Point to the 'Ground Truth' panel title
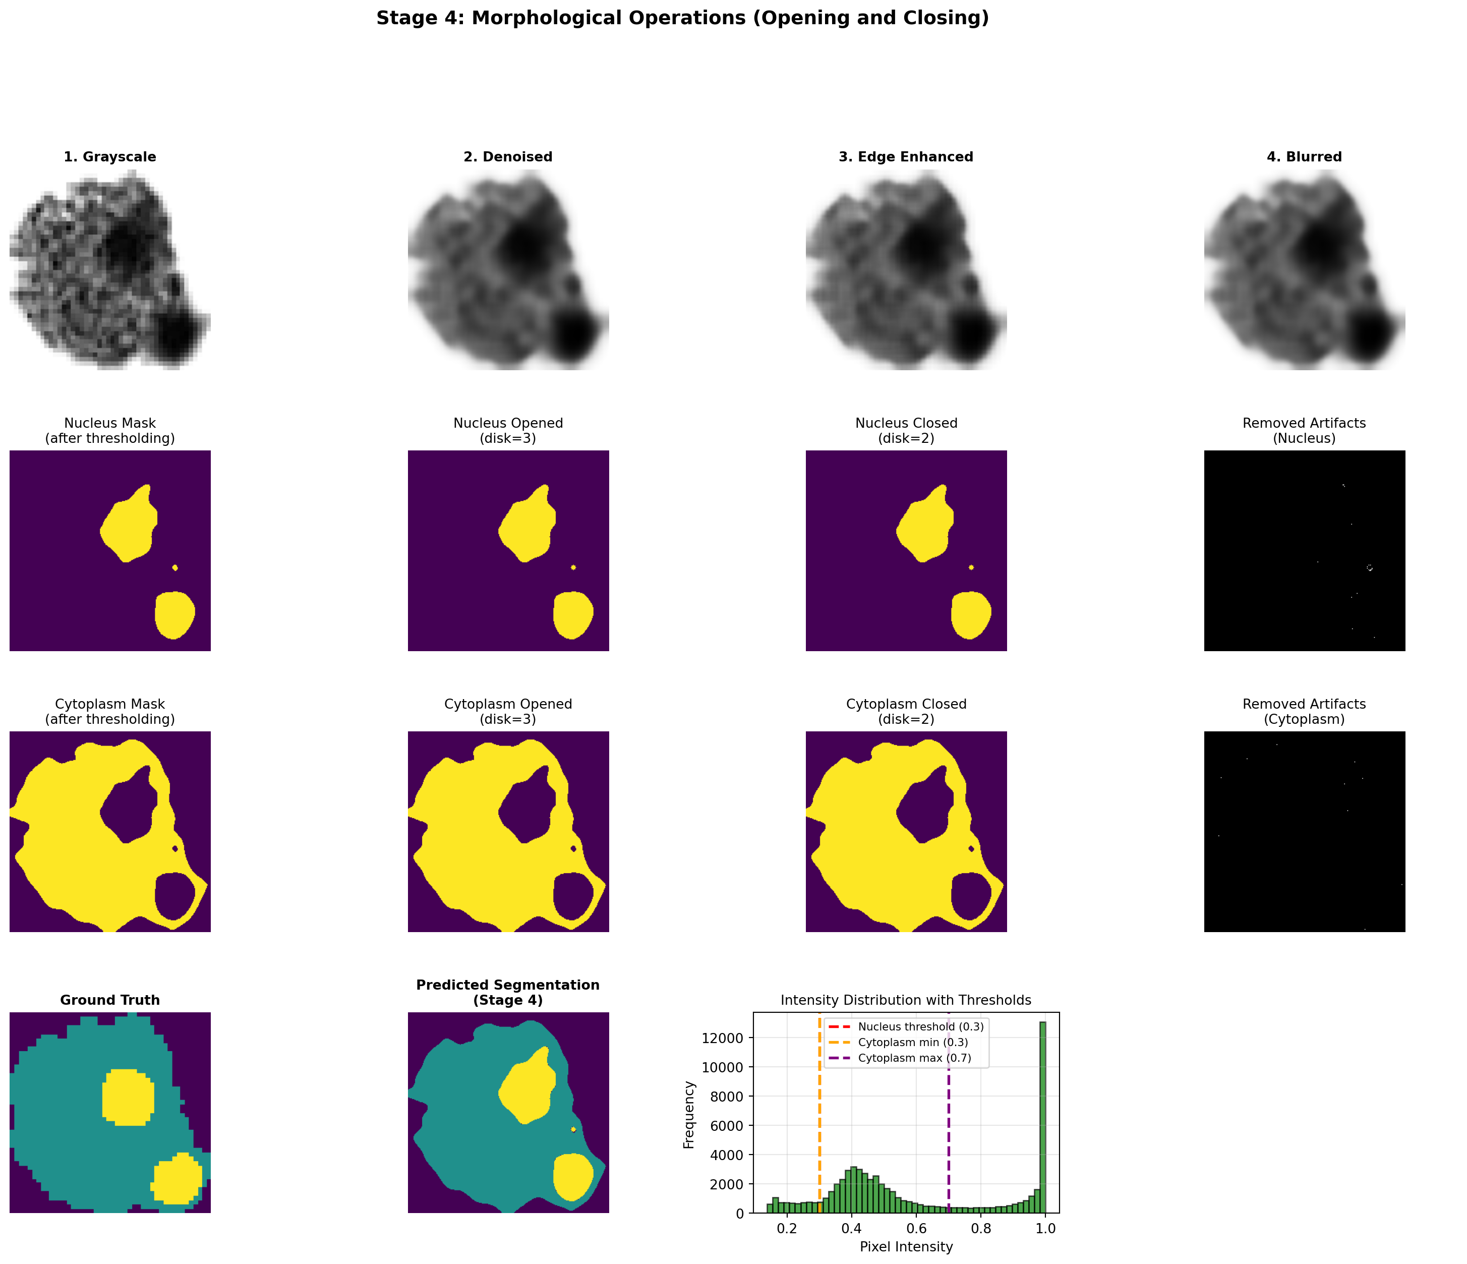110,1000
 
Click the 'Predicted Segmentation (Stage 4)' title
508,992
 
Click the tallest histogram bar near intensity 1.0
1042,1119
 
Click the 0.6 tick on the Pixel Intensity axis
916,1229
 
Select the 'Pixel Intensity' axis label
906,1247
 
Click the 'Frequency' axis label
689,1115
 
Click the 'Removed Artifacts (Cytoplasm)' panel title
1304,712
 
